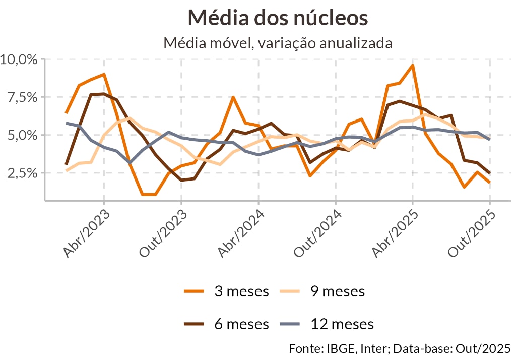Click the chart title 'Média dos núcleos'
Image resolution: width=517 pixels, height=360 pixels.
click(278, 18)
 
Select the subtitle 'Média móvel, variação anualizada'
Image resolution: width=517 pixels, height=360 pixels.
click(278, 43)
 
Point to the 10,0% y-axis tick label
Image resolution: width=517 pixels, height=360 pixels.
click(19, 59)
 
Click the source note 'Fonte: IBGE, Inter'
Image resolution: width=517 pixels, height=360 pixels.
click(333, 348)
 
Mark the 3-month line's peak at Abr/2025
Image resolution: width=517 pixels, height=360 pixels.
click(413, 65)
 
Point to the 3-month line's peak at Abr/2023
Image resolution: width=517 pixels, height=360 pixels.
click(104, 74)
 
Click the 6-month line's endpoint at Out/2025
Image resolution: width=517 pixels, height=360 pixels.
click(490, 173)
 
